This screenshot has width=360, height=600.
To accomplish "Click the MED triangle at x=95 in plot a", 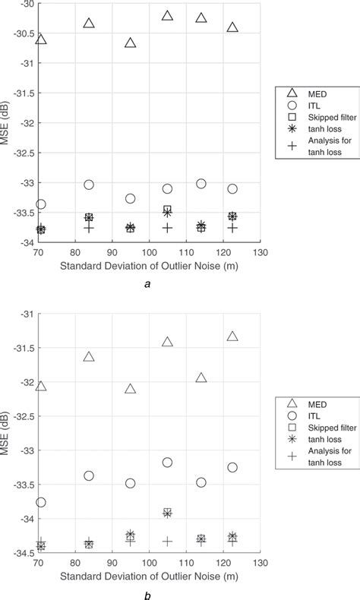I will (130, 43).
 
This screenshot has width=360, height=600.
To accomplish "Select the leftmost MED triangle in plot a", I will (41, 39).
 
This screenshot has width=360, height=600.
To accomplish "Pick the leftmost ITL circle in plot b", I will (41, 502).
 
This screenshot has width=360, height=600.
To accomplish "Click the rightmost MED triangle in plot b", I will (232, 336).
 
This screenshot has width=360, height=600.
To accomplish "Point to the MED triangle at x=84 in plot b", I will (89, 356).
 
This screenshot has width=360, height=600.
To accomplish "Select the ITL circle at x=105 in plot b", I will (167, 462).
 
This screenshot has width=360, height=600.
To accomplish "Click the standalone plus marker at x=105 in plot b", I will (167, 542).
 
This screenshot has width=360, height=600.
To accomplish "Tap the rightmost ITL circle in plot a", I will (232, 188).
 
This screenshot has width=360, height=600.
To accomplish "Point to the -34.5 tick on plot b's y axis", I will (23, 554).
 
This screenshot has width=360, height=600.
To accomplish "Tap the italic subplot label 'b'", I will (149, 595).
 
